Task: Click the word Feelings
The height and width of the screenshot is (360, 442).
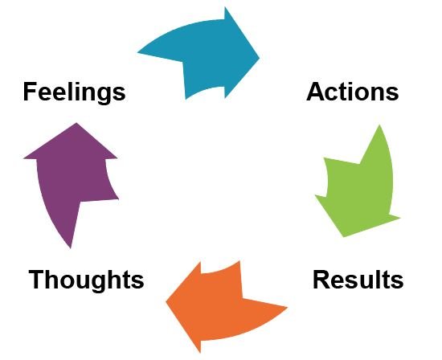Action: pos(74,92)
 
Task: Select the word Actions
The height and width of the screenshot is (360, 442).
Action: pos(352,92)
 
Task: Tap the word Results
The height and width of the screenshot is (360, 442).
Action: pos(358,280)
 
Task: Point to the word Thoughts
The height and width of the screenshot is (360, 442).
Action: pos(86,280)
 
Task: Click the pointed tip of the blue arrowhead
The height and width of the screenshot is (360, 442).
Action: pos(260,58)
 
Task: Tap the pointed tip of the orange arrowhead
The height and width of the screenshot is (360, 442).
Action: pos(166,302)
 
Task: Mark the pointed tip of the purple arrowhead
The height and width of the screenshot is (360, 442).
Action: pos(76,123)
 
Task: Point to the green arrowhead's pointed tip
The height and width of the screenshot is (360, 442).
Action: pos(343,237)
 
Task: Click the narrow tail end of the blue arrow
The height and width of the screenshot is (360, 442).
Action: pos(137,52)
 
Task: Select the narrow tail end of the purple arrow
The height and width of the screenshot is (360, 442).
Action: pos(71,248)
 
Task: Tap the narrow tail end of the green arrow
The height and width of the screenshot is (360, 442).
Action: pos(379,125)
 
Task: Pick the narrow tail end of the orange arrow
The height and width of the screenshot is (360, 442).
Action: pos(287,307)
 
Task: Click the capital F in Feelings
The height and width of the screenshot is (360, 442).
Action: pos(31,92)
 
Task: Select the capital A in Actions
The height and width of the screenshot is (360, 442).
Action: pos(315,92)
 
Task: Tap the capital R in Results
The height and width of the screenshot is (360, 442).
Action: pos(321,280)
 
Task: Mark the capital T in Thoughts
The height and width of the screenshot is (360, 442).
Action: pos(37,280)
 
